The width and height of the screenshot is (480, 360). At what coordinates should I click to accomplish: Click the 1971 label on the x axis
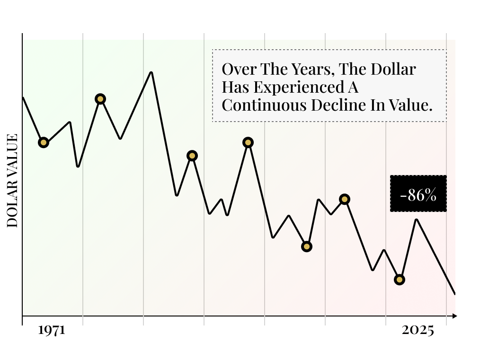click(51, 331)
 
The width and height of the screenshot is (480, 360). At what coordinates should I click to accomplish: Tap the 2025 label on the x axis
click(418, 331)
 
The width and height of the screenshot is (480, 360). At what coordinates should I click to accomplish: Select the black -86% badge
click(418, 194)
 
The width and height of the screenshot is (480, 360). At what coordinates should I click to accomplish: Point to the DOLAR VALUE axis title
click(13, 181)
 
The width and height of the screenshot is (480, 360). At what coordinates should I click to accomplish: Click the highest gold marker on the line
click(100, 99)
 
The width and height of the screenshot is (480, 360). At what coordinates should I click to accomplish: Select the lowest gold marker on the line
click(400, 280)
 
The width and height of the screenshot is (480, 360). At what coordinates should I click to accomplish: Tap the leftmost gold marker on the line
click(44, 142)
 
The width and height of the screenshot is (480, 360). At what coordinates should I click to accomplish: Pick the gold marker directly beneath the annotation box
click(248, 142)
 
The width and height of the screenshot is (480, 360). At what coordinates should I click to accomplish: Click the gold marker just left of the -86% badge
click(345, 199)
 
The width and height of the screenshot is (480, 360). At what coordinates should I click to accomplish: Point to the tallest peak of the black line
click(151, 72)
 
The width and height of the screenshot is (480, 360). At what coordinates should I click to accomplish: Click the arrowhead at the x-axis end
click(454, 316)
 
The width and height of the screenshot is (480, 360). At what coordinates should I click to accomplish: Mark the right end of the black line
click(454, 294)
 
